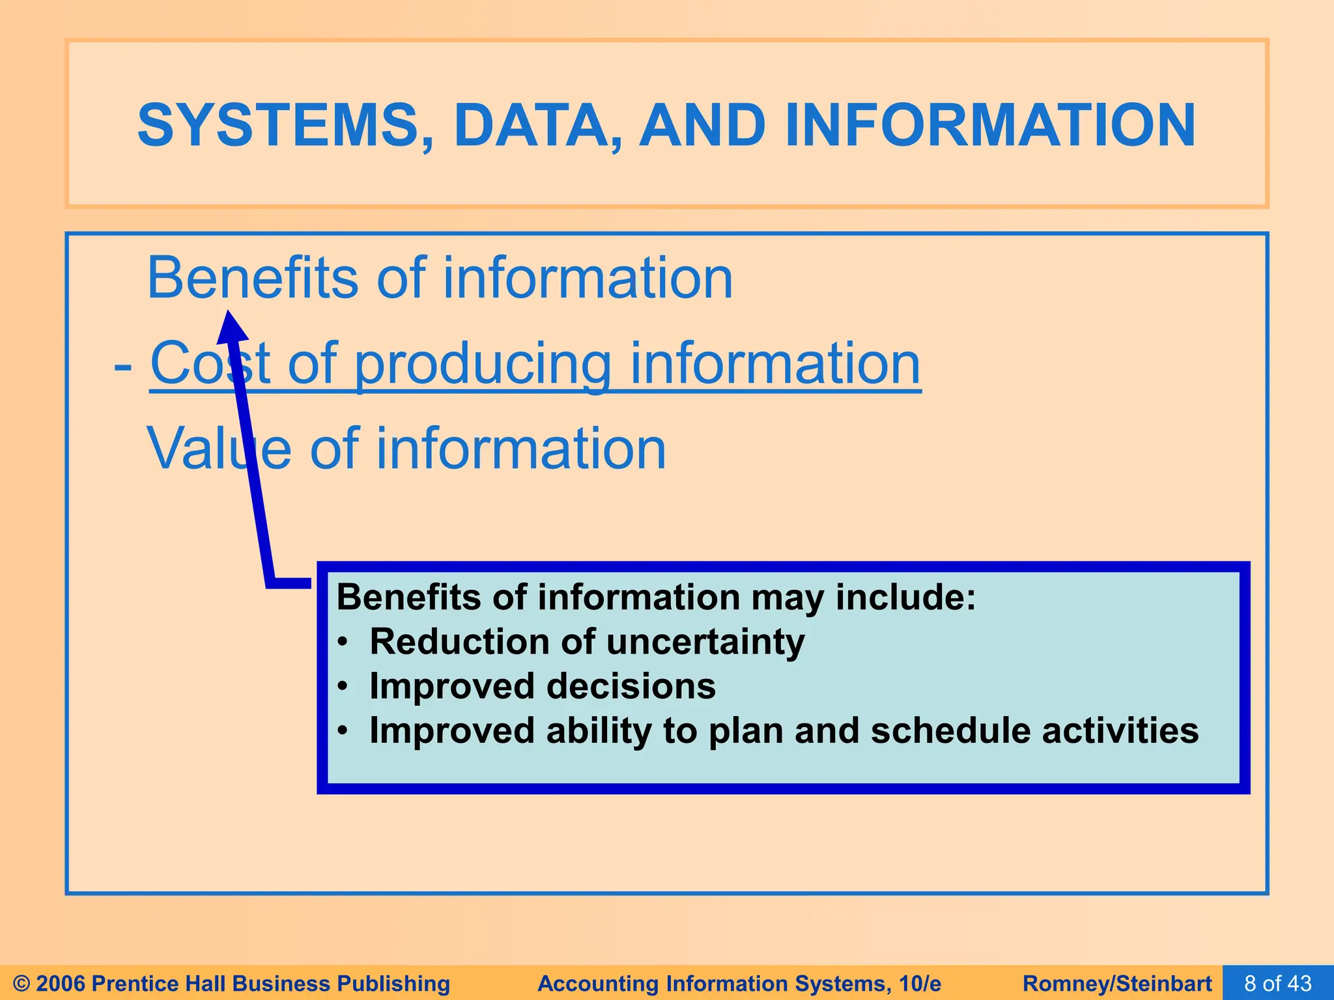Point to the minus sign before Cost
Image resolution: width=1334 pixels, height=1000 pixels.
[123, 366]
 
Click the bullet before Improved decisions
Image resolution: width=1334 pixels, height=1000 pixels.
[343, 687]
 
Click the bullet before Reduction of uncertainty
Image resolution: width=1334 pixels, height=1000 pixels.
[343, 643]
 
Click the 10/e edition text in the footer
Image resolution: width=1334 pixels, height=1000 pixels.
[918, 983]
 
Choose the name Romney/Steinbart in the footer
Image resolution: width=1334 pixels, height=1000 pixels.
[1117, 983]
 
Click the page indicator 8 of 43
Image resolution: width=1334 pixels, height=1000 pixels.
[1277, 983]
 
